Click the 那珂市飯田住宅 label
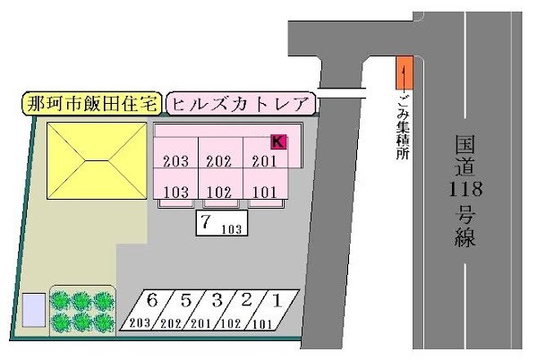coord(91,104)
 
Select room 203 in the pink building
coord(176,162)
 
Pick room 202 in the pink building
coord(219,162)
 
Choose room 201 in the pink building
coord(265,162)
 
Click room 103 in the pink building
coord(176,191)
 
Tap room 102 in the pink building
coord(219,191)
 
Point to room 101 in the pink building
coord(265,191)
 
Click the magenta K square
coord(278,141)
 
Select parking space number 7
coord(220,224)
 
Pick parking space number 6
coord(153,308)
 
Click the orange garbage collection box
coord(405,72)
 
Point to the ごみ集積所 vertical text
coord(404,125)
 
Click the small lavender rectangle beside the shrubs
coord(34,310)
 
